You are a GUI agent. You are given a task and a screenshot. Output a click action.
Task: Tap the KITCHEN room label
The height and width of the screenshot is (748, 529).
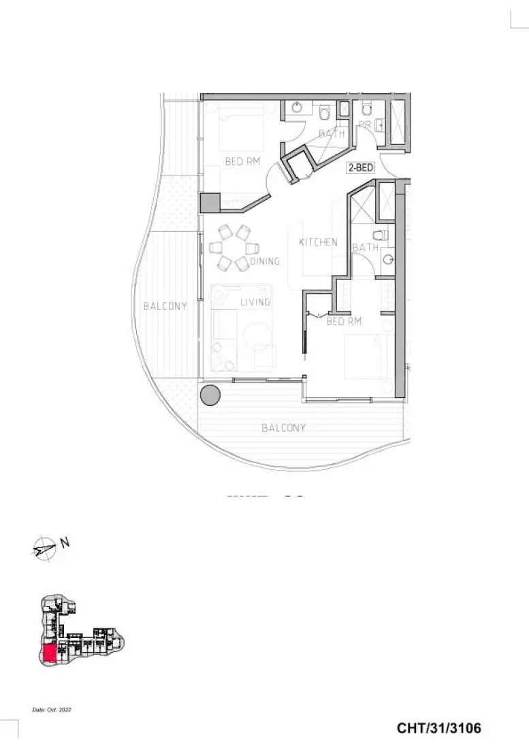pos(318,242)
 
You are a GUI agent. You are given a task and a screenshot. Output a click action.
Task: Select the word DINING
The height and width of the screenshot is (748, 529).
pos(264,260)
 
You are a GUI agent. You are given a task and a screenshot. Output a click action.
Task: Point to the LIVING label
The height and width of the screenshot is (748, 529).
pos(255,301)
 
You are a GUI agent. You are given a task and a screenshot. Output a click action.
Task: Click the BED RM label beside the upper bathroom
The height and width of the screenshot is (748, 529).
pos(243,162)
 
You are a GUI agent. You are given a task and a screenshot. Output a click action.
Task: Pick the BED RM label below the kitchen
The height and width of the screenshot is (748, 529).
pos(343,321)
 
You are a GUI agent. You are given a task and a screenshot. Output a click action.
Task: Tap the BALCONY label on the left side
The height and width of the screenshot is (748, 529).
pos(165,307)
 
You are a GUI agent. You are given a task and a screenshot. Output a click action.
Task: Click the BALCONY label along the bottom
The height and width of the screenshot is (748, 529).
pos(283,428)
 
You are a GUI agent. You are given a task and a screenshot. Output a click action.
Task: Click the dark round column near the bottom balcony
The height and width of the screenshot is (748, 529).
pos(210,394)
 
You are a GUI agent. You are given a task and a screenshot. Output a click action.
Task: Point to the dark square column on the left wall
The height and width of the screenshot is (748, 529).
pos(210,203)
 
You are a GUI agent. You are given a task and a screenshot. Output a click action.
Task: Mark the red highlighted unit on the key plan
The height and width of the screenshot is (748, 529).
pos(50,655)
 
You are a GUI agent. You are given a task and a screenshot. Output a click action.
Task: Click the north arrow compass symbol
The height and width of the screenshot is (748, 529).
pos(44,548)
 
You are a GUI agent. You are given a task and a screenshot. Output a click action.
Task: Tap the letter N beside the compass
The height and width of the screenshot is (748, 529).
pos(65,543)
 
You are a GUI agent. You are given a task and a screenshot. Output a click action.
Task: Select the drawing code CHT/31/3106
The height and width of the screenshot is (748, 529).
pos(438,728)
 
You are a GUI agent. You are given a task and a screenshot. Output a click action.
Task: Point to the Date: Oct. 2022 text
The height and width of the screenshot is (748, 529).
pos(52,710)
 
